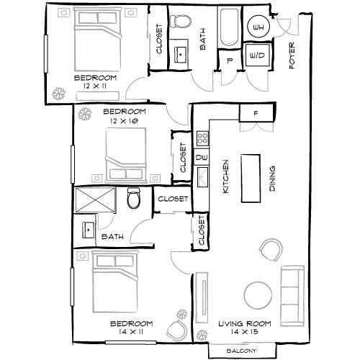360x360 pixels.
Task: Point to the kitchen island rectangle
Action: coord(251,179)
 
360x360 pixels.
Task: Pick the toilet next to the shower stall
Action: coord(132,198)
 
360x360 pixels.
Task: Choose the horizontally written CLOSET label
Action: coord(173,199)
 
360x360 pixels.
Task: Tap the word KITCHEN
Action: coord(225,179)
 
